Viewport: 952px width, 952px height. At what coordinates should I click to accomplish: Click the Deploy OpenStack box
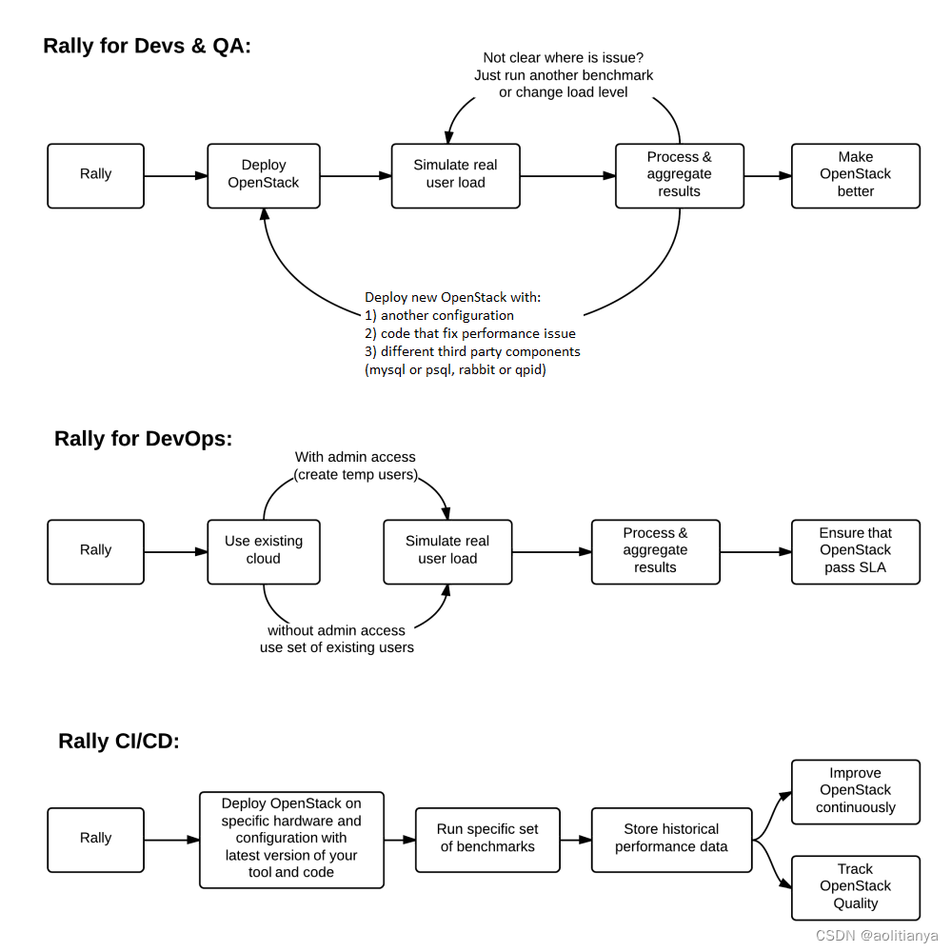pyautogui.click(x=264, y=175)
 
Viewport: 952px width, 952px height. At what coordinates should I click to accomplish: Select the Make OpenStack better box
pyautogui.click(x=855, y=175)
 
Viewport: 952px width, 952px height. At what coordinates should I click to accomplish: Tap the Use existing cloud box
pyautogui.click(x=264, y=551)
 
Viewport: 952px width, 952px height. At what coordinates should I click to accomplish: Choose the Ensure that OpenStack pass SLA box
pyautogui.click(x=855, y=551)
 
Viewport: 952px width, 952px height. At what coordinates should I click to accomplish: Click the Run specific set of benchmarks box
pyautogui.click(x=487, y=839)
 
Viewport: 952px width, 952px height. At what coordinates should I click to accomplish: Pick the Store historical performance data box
pyautogui.click(x=671, y=839)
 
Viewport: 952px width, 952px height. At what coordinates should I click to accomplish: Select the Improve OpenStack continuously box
pyautogui.click(x=855, y=791)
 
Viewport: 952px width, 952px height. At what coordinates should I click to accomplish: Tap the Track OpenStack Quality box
pyautogui.click(x=855, y=887)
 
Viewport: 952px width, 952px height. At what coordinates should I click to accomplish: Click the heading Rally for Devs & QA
pyautogui.click(x=148, y=46)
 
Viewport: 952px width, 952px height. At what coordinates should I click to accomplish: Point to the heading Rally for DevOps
pyautogui.click(x=144, y=439)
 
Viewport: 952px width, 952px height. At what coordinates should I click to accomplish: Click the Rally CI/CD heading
pyautogui.click(x=119, y=742)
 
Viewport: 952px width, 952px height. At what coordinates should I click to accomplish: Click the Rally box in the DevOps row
pyautogui.click(x=95, y=551)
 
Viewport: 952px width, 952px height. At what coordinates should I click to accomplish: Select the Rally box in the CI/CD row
pyautogui.click(x=95, y=839)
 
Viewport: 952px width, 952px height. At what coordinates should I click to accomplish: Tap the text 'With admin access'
pyautogui.click(x=355, y=457)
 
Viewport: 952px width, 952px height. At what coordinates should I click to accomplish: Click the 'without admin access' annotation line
pyautogui.click(x=336, y=630)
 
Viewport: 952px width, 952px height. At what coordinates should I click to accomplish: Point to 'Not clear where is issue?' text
pyautogui.click(x=564, y=58)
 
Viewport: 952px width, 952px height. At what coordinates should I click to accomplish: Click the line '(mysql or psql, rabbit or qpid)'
pyautogui.click(x=456, y=369)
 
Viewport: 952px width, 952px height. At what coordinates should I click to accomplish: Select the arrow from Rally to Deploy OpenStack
pyautogui.click(x=176, y=175)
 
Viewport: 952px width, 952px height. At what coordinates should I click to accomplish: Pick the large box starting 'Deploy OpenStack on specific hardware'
pyautogui.click(x=291, y=839)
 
